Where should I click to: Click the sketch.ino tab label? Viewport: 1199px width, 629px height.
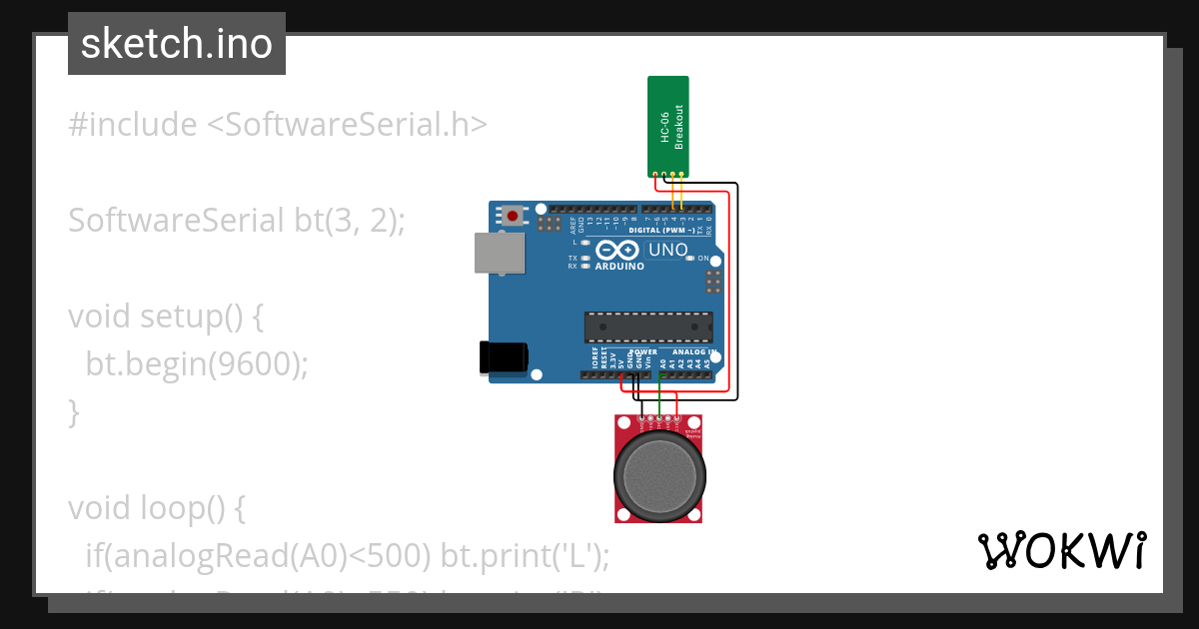(x=176, y=44)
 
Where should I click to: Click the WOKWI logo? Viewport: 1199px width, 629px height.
(x=1060, y=550)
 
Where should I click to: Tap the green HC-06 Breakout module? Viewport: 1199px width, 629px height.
(x=668, y=125)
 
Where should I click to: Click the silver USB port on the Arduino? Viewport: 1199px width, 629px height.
(x=499, y=254)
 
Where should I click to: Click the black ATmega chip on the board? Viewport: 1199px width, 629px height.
(x=648, y=327)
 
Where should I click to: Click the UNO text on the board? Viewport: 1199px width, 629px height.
(x=668, y=250)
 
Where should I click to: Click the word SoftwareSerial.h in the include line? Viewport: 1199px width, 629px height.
(x=347, y=125)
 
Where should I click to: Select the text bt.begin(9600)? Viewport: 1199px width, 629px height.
(x=197, y=364)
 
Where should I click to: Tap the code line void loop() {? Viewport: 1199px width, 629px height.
(x=156, y=508)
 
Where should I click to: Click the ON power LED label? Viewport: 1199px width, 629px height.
(x=703, y=258)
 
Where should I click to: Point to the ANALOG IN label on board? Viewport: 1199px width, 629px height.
(x=690, y=352)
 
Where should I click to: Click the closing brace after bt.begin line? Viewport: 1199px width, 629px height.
(x=73, y=411)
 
